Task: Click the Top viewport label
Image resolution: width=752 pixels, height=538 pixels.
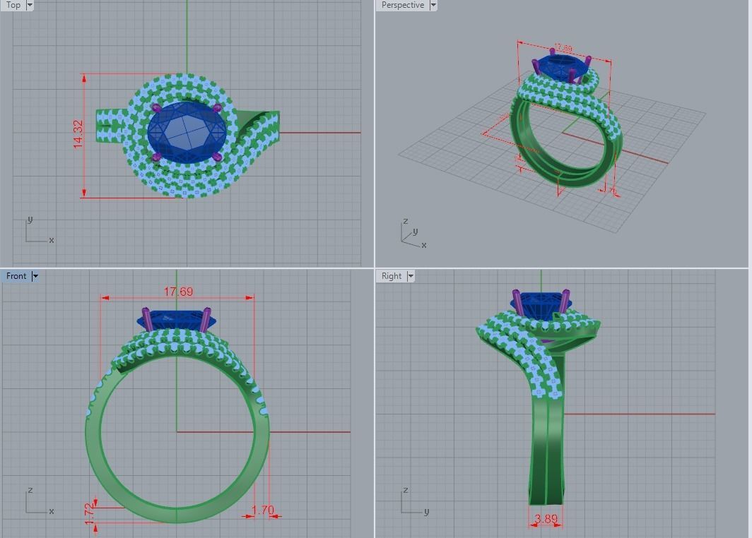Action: click(13, 5)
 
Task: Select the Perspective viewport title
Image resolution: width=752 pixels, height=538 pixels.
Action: click(402, 5)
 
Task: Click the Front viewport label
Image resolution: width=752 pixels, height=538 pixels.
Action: click(16, 276)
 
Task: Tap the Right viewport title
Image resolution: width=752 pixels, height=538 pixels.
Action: click(391, 276)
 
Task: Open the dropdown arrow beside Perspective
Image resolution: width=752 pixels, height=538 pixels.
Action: click(433, 5)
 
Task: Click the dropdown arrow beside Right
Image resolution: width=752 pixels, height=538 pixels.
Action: click(411, 276)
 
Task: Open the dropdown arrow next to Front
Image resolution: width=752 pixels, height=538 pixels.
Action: click(35, 276)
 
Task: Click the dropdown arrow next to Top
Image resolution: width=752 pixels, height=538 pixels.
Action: click(30, 5)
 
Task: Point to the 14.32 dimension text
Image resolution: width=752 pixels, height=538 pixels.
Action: click(78, 133)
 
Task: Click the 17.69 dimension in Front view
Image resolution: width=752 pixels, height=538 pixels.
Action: click(178, 292)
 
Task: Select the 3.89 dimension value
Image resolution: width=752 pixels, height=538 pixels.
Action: click(546, 519)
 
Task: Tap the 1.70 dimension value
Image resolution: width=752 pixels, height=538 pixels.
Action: click(262, 510)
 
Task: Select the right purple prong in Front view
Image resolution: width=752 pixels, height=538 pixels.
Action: click(206, 319)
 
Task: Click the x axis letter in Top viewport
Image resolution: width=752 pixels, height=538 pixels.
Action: click(52, 240)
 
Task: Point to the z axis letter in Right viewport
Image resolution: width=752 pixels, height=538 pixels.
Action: click(406, 490)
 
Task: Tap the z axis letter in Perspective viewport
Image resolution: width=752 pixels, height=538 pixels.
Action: click(406, 221)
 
